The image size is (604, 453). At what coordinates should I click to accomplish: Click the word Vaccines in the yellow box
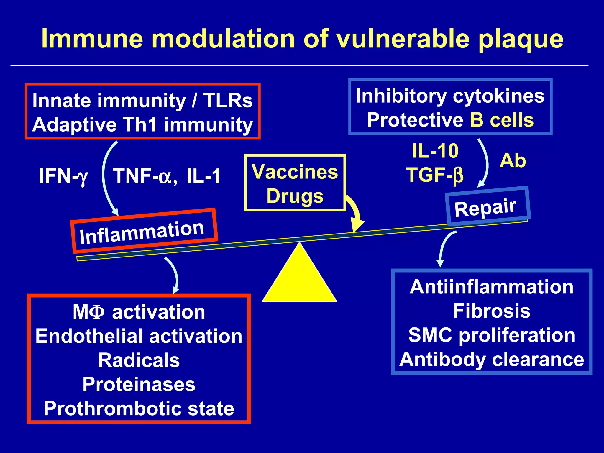click(295, 172)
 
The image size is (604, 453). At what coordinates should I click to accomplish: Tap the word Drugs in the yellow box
click(295, 196)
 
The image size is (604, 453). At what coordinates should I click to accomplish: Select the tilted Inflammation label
click(142, 232)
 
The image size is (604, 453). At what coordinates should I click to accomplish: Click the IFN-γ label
click(63, 176)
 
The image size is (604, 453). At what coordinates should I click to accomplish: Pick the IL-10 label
click(435, 151)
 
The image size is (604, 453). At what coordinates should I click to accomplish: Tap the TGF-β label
click(435, 175)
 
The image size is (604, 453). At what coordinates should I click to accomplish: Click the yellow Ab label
click(513, 161)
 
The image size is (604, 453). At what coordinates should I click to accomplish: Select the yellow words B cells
click(502, 120)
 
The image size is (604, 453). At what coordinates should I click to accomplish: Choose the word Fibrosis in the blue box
click(492, 311)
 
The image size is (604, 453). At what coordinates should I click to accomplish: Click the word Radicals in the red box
click(139, 360)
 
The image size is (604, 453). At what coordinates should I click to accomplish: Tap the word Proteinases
click(139, 385)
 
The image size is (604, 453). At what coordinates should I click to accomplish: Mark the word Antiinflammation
click(492, 287)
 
